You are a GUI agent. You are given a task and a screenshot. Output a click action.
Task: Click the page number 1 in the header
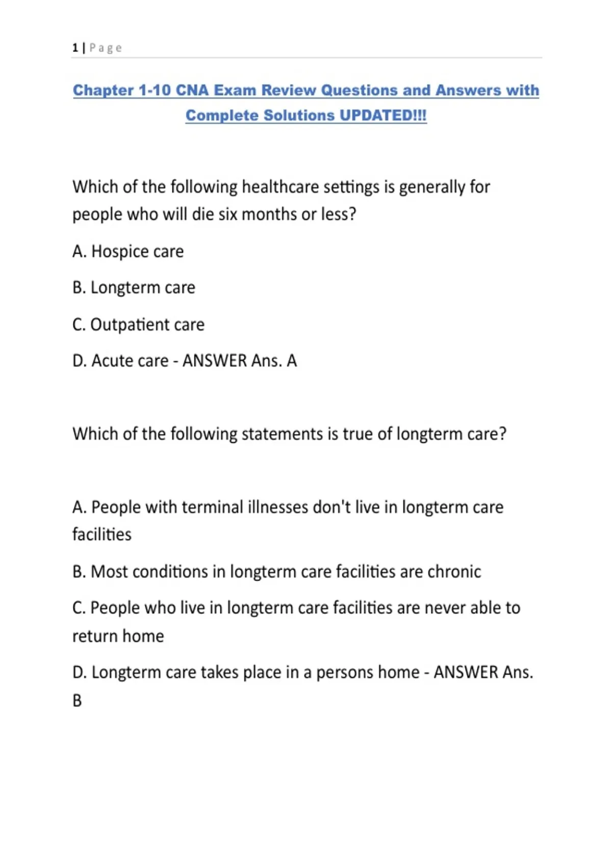point(75,48)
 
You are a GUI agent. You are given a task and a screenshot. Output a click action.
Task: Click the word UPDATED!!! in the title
point(383,115)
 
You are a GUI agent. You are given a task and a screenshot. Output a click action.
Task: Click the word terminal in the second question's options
point(212,507)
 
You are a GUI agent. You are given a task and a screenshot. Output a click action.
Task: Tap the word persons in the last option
point(342,672)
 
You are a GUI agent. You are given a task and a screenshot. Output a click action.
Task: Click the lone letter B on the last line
point(77,701)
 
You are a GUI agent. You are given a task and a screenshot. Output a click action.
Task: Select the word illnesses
point(278,507)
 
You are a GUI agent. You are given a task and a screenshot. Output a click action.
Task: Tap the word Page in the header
point(106,48)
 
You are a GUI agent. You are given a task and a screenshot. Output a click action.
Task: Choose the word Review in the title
point(288,90)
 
